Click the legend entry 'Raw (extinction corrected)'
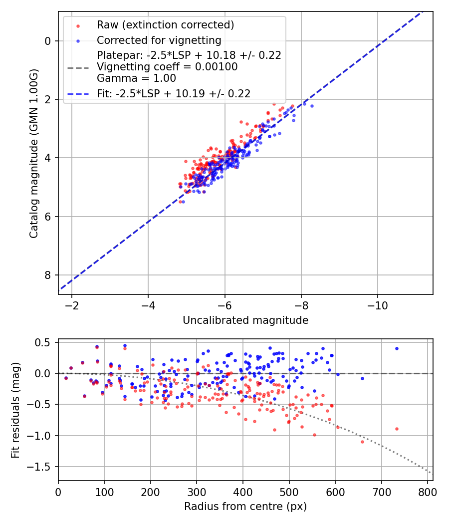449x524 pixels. point(165,25)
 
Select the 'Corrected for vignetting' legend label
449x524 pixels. point(159,40)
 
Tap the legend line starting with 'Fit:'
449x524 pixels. point(174,94)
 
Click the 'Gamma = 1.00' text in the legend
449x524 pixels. point(136,78)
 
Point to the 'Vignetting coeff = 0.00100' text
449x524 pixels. point(167,67)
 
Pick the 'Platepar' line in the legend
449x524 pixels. point(189,55)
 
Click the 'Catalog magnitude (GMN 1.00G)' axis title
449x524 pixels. point(34,153)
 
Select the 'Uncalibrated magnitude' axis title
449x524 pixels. point(245,320)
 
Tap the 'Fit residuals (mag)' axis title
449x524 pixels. point(15,410)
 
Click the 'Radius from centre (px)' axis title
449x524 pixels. point(245,507)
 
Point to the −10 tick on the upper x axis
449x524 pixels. point(378,305)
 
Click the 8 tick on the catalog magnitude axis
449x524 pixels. point(47,275)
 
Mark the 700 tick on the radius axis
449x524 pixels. point(382,492)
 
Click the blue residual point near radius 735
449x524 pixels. point(397,348)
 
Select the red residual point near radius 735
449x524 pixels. point(397,429)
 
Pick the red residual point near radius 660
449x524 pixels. point(363,442)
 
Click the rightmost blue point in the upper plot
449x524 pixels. point(312,106)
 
